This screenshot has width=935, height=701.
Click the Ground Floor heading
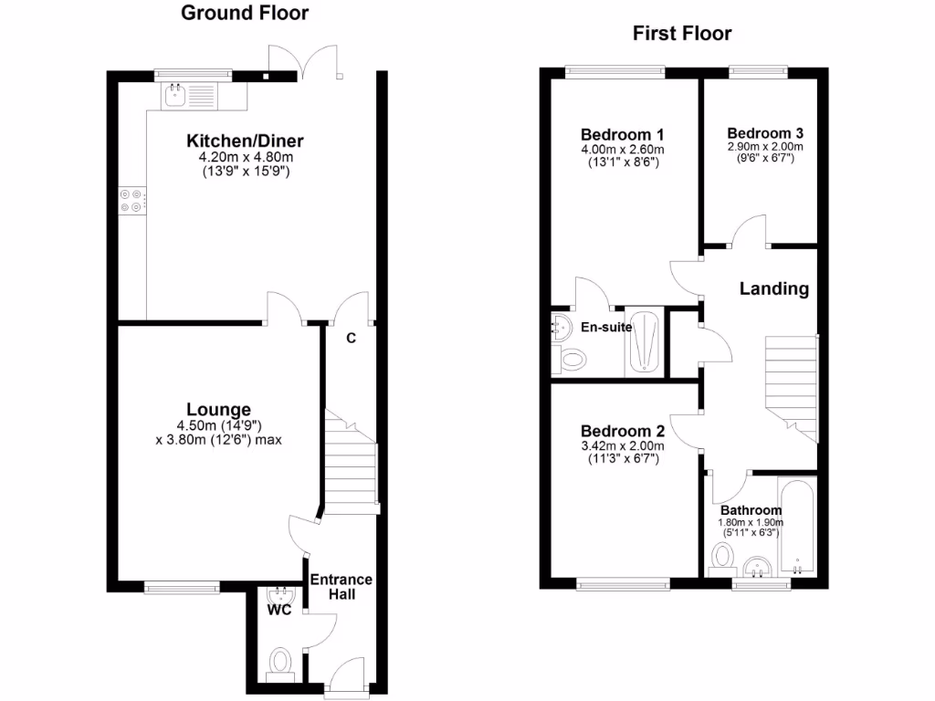click(x=245, y=13)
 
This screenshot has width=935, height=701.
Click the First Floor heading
click(x=682, y=34)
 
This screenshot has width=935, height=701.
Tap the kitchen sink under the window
click(x=174, y=93)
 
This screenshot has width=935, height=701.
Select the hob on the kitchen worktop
click(x=130, y=201)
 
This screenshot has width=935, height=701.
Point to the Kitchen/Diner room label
click(x=245, y=141)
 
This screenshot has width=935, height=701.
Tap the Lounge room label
click(x=218, y=409)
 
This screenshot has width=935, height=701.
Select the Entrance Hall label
click(x=341, y=587)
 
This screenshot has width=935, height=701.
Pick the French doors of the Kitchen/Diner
click(x=305, y=64)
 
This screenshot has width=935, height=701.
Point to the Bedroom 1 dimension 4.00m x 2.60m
click(x=622, y=150)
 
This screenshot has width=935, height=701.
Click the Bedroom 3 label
click(x=765, y=131)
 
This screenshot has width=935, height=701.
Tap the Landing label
click(x=773, y=289)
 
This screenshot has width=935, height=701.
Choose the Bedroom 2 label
click(x=622, y=431)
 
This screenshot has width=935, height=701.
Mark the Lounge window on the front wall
click(x=182, y=589)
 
